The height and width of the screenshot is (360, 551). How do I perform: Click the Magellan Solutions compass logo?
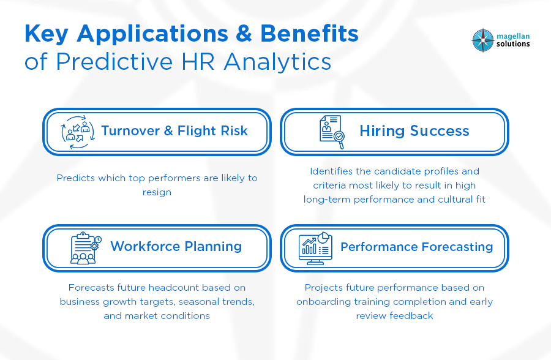tap(483, 40)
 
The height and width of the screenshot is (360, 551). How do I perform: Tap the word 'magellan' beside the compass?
tap(512, 36)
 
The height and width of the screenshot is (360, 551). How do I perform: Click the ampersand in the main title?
tap(244, 34)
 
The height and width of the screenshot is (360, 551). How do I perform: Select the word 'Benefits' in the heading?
tap(309, 34)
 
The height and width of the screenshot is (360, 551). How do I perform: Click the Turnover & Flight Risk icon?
tap(78, 132)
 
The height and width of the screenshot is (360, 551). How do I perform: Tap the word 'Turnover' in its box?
tap(130, 131)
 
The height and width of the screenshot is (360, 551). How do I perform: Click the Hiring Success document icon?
tap(332, 132)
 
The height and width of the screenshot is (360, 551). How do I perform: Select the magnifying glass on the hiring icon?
tap(339, 138)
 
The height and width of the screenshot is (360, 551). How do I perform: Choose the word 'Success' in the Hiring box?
tap(439, 131)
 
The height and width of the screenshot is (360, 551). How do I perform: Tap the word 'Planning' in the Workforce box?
tap(213, 247)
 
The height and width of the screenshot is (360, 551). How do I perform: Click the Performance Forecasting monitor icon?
tap(315, 248)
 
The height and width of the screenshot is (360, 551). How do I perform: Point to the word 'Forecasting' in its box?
tap(457, 247)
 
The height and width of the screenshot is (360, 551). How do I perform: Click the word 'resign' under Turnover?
tap(157, 192)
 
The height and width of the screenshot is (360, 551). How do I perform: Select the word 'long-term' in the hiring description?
tap(327, 200)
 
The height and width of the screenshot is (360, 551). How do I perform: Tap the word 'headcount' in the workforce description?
tap(174, 288)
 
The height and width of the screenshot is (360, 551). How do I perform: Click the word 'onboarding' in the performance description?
tap(323, 302)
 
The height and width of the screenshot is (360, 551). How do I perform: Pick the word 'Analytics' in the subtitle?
tap(277, 62)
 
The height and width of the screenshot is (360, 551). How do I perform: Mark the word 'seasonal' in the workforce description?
tap(198, 302)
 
